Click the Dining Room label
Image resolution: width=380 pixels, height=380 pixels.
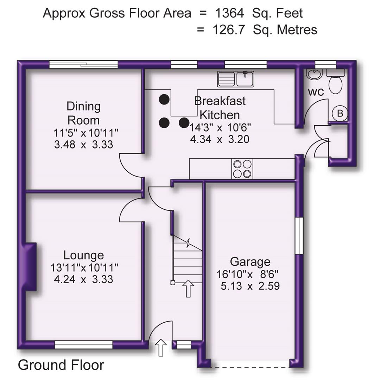(x=84, y=113)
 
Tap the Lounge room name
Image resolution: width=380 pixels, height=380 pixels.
(x=84, y=255)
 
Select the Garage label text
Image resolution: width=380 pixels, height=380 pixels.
(x=250, y=262)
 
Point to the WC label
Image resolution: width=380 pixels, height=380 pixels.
(x=316, y=93)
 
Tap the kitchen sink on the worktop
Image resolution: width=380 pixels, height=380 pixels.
(x=236, y=79)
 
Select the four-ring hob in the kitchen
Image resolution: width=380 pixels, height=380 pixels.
(x=242, y=169)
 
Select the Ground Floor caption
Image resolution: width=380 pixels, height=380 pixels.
(x=61, y=365)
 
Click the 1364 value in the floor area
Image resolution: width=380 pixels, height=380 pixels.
(x=229, y=13)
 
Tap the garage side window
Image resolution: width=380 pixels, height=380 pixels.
(x=299, y=235)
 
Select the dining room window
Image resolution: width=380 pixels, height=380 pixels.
(x=83, y=64)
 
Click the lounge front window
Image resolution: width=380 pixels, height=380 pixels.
(x=83, y=344)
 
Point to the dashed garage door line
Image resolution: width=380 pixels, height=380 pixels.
(x=250, y=367)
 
